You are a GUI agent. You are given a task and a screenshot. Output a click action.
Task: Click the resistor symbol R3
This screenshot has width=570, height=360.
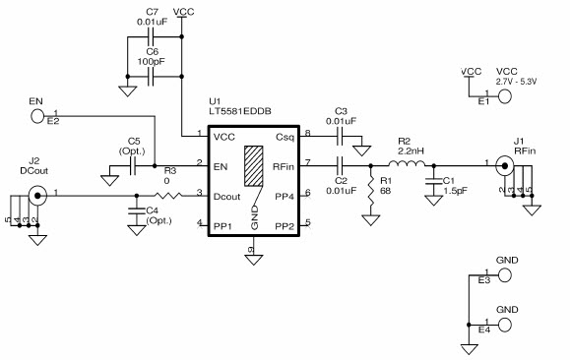170,195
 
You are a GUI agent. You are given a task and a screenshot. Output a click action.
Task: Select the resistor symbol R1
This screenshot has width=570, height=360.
370,190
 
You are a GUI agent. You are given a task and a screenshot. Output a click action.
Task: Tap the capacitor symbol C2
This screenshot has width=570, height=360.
340,164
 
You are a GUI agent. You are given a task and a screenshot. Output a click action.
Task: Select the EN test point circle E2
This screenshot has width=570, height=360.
38,116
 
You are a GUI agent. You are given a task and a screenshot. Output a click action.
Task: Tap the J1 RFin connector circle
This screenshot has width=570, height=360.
504,164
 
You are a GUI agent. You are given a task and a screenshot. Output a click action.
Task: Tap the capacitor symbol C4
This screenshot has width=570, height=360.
135,210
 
